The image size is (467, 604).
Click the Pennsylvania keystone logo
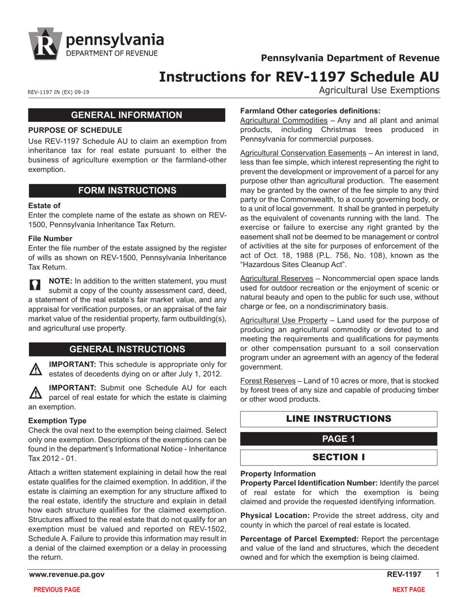(x=45, y=43)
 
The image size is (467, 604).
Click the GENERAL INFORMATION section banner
(x=127, y=115)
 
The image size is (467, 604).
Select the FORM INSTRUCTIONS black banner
(x=127, y=191)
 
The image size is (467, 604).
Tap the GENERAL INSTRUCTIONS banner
(x=127, y=349)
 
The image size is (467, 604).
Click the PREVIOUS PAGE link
(x=56, y=590)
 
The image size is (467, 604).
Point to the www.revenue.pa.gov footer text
(x=66, y=575)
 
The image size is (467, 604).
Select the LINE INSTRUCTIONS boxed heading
(x=339, y=419)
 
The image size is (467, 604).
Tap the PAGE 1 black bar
(x=339, y=439)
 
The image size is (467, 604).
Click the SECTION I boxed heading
(x=339, y=457)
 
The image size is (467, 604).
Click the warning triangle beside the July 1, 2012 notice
(x=35, y=369)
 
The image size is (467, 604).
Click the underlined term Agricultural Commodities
(x=284, y=121)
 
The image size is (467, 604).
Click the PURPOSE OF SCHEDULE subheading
(x=75, y=131)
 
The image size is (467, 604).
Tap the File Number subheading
(x=47, y=238)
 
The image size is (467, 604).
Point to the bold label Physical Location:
(x=274, y=516)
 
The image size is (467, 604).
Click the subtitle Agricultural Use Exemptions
(x=379, y=90)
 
